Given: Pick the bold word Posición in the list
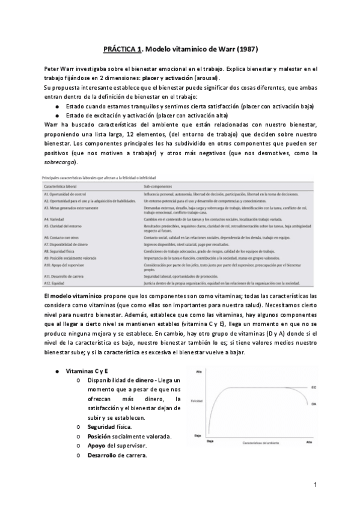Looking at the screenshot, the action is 101,436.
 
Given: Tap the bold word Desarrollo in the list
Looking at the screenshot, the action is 103,455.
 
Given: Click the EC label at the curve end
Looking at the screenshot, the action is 313,388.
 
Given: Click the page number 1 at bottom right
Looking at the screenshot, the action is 315,485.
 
